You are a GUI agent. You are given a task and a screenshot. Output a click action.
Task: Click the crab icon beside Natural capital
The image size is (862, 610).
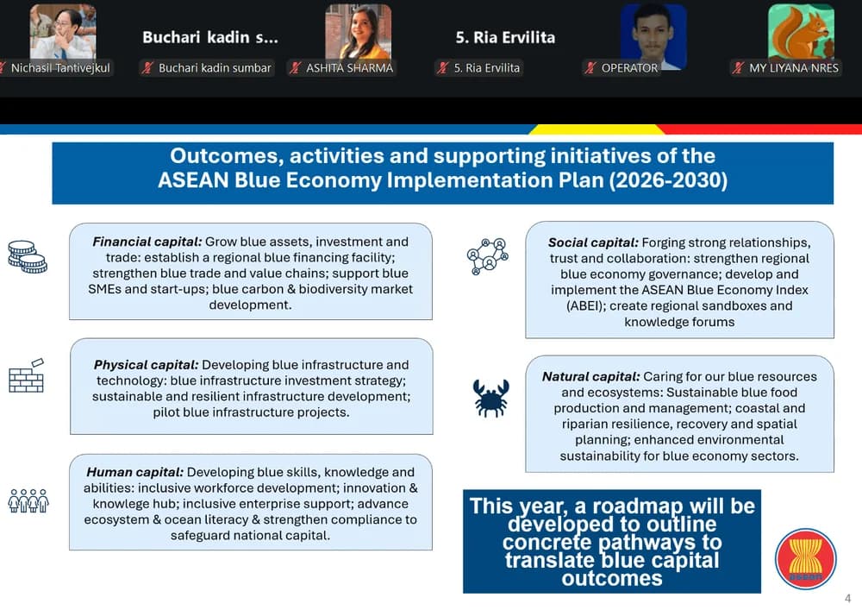point(490,398)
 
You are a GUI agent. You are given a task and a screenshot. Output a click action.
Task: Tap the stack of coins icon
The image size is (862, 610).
point(28,257)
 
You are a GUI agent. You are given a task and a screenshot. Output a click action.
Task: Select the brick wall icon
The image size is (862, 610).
point(27,376)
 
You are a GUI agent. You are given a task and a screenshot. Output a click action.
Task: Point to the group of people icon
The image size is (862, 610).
point(28,500)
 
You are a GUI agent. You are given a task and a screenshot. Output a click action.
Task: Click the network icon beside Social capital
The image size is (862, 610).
point(488,256)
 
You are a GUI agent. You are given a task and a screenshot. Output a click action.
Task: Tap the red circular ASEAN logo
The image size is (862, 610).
point(805,559)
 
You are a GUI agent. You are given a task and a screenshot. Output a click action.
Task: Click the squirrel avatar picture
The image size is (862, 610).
point(801,32)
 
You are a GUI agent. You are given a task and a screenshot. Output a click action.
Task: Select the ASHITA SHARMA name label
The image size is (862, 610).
point(350,68)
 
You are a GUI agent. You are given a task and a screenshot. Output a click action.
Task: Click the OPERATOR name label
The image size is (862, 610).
point(629,68)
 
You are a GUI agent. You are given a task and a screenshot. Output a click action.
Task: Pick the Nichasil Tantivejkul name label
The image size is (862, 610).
point(60,68)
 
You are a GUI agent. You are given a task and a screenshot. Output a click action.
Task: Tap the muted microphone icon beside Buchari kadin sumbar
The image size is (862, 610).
point(147,68)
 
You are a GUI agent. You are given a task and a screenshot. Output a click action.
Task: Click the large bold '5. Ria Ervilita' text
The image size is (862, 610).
point(505,37)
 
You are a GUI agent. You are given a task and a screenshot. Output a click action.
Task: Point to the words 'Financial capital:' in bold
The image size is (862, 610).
point(147,242)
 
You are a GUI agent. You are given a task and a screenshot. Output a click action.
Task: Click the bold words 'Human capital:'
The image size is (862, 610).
point(134,473)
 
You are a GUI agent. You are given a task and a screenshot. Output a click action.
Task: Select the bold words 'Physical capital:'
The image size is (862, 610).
point(147,365)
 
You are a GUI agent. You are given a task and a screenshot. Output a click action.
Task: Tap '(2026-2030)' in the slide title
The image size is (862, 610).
point(668,180)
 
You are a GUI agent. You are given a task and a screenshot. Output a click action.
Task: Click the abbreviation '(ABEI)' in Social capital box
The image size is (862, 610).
point(585,305)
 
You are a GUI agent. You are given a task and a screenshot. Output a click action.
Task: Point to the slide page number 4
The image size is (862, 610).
point(847,599)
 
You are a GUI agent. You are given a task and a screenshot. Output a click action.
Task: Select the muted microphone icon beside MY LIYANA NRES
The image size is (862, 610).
point(739,68)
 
